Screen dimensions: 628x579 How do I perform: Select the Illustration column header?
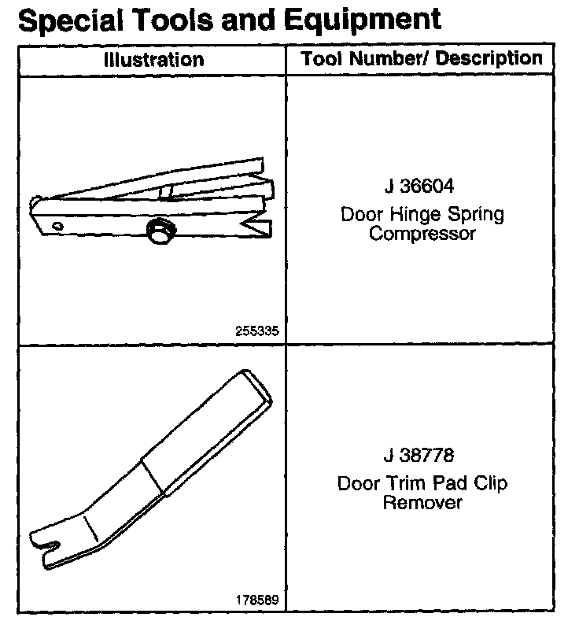(x=154, y=60)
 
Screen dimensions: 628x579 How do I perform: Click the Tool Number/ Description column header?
(x=422, y=58)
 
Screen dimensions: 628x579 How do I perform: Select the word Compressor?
(x=423, y=234)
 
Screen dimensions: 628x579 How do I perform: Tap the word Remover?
(x=423, y=502)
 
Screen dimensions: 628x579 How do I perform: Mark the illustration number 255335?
(x=257, y=331)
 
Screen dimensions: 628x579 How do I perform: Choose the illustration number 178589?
(x=257, y=600)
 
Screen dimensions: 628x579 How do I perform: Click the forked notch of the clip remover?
(x=47, y=541)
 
